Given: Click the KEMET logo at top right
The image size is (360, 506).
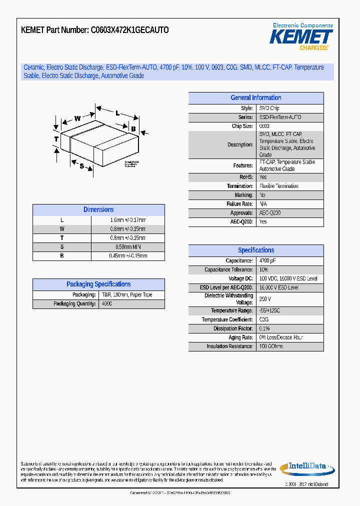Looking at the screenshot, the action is pos(301,37).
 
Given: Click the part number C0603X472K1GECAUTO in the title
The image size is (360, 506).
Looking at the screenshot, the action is pos(129,30).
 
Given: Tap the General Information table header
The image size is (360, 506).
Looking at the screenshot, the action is pos(255,98).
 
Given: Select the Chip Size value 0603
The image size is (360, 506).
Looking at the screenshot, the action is pos(264,126).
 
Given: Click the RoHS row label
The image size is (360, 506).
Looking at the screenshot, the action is pos(246,177).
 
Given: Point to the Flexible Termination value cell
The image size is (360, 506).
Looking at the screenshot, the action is pos(278,186).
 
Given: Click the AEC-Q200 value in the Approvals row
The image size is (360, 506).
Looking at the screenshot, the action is pos(270,213).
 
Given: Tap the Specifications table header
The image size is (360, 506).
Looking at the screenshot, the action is pos(255,250).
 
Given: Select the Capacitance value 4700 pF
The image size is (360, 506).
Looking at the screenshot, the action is pos(267,261).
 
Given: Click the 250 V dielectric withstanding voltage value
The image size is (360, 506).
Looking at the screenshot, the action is pos(265,299).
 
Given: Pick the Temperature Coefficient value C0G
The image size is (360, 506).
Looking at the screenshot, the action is pos(264,319).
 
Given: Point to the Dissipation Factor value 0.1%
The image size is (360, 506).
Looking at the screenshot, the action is pos(264,328).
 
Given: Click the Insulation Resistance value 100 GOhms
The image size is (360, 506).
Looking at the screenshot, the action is pos(271,346).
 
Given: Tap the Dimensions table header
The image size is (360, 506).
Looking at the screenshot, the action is pos(98,210).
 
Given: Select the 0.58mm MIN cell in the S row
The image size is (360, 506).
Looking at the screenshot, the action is pos(128,247).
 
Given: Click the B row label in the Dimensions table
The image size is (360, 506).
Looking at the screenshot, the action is pos(62,256).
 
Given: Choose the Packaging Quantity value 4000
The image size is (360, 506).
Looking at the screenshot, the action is pos(107,304).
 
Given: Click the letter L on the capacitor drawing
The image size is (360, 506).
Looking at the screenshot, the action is pos(117,113).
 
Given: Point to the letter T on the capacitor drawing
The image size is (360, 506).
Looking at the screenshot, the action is pos(56,138).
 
